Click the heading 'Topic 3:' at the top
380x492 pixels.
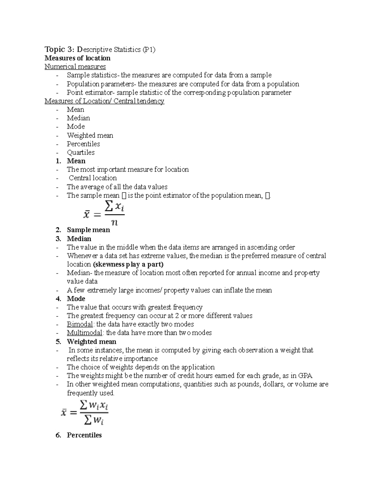point(59,49)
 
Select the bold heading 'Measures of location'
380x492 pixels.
point(77,58)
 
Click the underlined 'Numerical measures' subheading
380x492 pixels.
point(75,67)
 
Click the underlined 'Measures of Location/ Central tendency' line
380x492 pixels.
point(104,101)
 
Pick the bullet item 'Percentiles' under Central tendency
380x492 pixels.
point(83,144)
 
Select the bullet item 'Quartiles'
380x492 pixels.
point(80,152)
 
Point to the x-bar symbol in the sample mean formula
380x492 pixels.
point(86,215)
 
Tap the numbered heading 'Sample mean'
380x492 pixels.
point(88,230)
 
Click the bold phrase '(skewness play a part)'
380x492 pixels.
point(128,264)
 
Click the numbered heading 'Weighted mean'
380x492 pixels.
point(91,342)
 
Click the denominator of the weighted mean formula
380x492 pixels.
point(94,420)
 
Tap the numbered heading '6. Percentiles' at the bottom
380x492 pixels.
point(84,435)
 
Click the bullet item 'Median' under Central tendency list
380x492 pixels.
point(78,118)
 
